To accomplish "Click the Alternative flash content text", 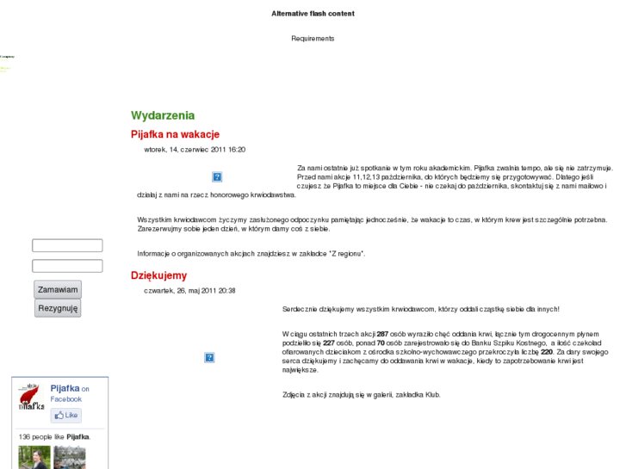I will [313, 14].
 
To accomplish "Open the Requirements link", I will [313, 39].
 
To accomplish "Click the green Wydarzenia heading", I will [163, 115].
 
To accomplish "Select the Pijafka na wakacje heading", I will [175, 134].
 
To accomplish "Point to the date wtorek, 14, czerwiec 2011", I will [195, 150].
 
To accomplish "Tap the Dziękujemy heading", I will [158, 275].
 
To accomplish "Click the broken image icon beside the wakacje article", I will [217, 177].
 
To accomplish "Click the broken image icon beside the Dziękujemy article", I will [209, 357].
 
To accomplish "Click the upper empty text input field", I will [67, 246].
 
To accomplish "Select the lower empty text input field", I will [67, 266].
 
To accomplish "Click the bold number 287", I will [382, 333].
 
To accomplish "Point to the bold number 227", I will [329, 342].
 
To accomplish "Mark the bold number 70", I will [380, 342].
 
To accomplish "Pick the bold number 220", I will [547, 351].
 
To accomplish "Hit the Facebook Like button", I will [66, 416].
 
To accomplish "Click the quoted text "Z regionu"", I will [346, 254].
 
